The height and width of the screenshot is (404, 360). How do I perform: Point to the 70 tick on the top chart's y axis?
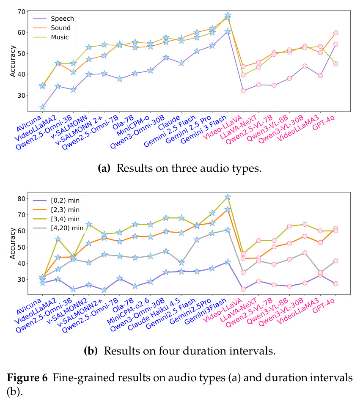click(22, 12)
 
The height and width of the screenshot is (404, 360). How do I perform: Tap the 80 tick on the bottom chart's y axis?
click(22, 199)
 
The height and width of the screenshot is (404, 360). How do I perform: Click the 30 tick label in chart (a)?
click(22, 95)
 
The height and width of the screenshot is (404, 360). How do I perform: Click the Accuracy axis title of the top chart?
click(12, 61)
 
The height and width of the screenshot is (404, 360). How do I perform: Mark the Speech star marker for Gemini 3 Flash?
click(228, 31)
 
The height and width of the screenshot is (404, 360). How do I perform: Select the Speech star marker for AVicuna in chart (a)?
click(43, 107)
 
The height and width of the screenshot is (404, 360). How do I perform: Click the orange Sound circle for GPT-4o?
click(335, 33)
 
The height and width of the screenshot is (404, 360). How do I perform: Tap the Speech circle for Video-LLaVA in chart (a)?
click(243, 91)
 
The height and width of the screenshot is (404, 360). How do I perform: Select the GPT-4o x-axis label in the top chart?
click(323, 123)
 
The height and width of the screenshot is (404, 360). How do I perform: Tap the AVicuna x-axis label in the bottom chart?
click(29, 307)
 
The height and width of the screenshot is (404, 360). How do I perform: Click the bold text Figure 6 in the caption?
click(27, 378)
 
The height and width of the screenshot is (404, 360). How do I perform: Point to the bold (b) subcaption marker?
click(91, 351)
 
